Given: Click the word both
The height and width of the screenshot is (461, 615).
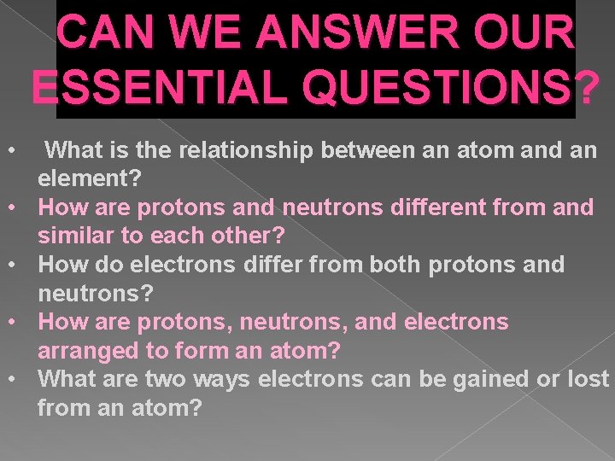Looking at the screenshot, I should click(401, 265).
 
